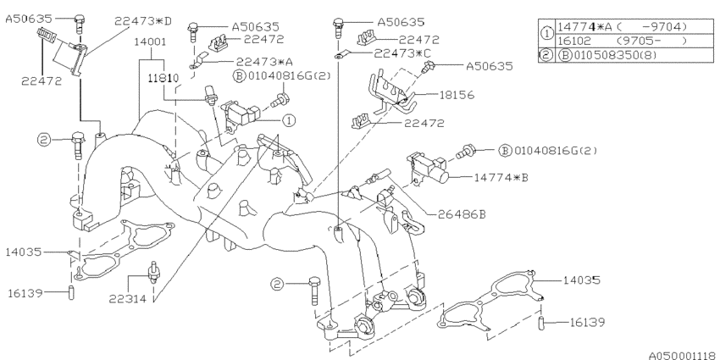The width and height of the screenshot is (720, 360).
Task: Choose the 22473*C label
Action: [405, 54]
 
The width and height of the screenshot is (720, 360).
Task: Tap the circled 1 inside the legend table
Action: [546, 33]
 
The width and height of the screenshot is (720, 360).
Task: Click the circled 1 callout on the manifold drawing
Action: [289, 120]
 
